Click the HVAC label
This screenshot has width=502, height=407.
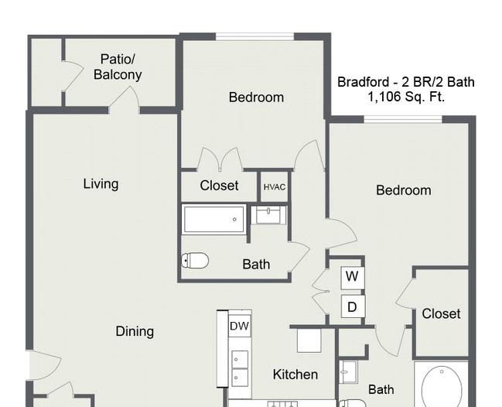click(x=275, y=187)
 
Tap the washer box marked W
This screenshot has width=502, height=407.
click(x=353, y=276)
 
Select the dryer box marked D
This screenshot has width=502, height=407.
click(x=353, y=306)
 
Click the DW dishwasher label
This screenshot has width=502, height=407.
click(x=240, y=326)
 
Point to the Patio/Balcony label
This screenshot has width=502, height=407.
click(x=118, y=67)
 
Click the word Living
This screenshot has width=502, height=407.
click(x=101, y=184)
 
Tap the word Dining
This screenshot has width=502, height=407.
click(x=135, y=331)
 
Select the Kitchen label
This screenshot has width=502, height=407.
click(x=295, y=375)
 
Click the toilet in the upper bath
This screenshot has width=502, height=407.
click(x=195, y=260)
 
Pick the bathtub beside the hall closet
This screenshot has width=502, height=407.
click(x=214, y=219)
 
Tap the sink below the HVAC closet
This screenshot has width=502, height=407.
click(x=268, y=215)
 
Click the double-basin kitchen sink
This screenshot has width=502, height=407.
click(x=240, y=368)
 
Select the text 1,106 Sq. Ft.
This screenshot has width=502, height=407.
click(x=406, y=97)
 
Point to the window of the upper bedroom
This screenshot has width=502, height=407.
click(x=254, y=36)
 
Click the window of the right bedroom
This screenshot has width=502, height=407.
click(x=403, y=119)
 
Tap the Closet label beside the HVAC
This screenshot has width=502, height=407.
click(x=219, y=186)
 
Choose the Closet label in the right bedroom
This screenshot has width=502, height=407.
click(x=441, y=314)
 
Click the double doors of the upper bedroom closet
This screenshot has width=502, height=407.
click(x=220, y=159)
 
